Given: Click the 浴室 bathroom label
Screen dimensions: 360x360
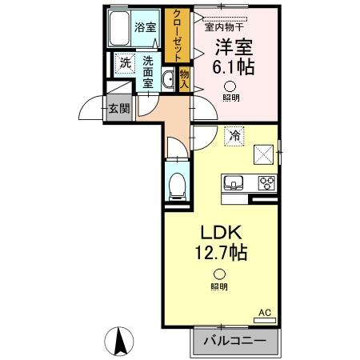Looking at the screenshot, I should point(146,26).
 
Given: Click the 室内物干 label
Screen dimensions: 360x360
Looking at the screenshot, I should point(226,26).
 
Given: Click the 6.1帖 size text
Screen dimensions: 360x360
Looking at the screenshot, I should point(232,68).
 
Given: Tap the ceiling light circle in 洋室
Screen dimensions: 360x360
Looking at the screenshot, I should point(230,86).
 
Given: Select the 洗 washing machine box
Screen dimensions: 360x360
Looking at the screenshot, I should point(125,62).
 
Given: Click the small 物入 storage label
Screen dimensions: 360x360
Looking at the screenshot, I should point(183,78).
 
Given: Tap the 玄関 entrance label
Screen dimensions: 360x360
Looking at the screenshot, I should point(119,109).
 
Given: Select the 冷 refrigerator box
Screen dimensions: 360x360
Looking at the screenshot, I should point(235,135).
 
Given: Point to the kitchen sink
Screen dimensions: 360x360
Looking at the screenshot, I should point(236,183).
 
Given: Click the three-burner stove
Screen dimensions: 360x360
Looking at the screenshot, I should point(266,183).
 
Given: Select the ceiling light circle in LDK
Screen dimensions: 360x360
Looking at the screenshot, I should point(218,273).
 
